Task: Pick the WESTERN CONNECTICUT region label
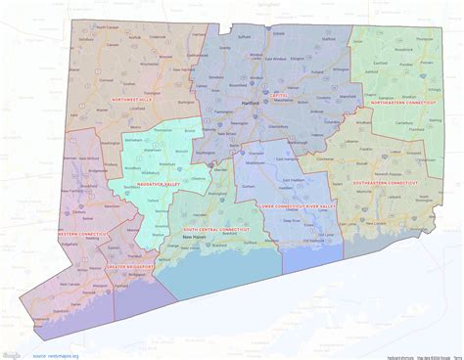[x=80, y=233]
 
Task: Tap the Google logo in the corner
[x=12, y=352]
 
